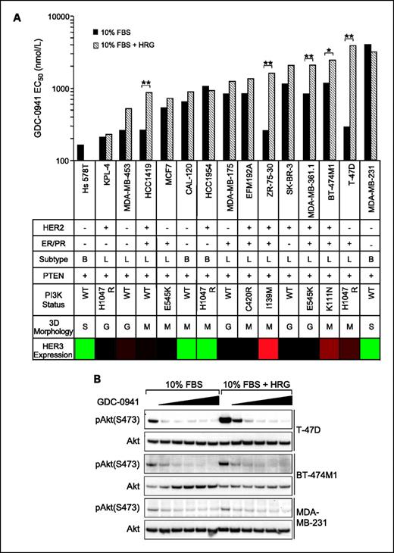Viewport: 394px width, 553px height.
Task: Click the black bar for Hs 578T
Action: pos(81,152)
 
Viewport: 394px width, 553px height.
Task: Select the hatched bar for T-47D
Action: pos(351,103)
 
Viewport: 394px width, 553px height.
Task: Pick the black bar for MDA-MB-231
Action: pos(367,102)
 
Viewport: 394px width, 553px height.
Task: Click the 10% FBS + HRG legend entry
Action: pos(124,45)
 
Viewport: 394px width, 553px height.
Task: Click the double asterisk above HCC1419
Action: pos(145,83)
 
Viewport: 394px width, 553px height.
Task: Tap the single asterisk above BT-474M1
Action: pos(329,52)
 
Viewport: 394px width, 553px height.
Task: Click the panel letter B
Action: pos(98,379)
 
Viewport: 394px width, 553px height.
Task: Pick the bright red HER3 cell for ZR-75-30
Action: pos(268,348)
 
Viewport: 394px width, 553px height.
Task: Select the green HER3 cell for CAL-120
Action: pos(186,348)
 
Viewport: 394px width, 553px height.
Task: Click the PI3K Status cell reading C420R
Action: pos(248,298)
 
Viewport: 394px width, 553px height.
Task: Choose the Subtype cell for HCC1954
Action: pos(207,260)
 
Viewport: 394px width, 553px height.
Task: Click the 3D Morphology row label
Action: pos(52,326)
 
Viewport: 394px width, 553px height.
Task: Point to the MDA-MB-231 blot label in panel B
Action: pos(311,517)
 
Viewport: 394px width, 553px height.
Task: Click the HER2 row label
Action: pos(52,228)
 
